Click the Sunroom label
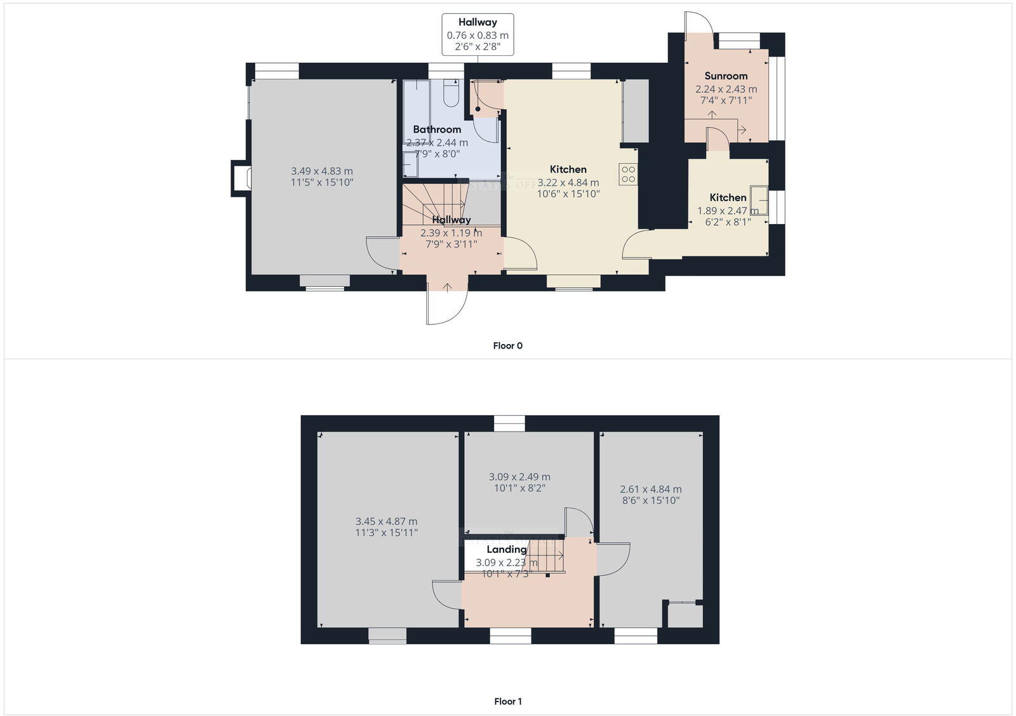point(726,76)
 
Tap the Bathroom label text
point(437,129)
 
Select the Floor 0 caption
point(507,346)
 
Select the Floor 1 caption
point(507,701)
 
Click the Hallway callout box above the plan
point(478,35)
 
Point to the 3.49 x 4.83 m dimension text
point(322,171)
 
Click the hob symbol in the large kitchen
point(629,175)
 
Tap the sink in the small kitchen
point(759,201)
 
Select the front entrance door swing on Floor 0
point(446,303)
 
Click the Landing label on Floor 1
point(506,550)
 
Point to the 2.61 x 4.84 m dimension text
point(650,489)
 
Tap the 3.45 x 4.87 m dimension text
point(386,522)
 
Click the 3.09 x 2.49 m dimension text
point(519,477)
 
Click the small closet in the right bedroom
point(685,614)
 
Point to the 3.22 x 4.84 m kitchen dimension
point(568,183)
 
